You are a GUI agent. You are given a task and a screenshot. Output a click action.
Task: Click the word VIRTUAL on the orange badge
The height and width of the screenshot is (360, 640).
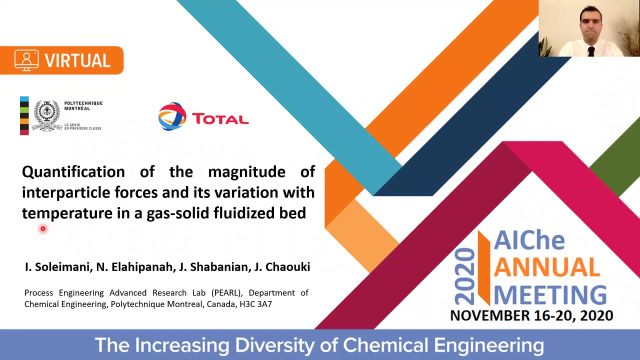77,60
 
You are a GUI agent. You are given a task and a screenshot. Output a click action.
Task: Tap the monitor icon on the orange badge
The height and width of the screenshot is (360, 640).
26,60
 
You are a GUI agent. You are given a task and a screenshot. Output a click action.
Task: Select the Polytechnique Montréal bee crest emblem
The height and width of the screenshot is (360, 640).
46,115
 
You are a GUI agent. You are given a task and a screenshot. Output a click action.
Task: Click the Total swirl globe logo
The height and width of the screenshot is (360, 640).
172,116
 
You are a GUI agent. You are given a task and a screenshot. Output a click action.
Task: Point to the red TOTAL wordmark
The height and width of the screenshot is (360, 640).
220,119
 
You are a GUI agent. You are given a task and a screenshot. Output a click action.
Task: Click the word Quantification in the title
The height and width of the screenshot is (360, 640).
73,172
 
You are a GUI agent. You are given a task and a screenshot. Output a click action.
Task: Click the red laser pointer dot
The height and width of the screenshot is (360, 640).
43,228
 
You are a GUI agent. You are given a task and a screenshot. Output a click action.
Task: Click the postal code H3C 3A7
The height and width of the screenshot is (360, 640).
255,304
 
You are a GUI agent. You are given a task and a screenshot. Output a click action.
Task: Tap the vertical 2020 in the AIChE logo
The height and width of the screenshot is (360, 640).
464,276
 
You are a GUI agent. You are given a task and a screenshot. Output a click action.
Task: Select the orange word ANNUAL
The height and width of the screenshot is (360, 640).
546,267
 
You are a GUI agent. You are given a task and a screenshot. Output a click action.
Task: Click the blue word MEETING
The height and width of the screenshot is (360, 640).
550,294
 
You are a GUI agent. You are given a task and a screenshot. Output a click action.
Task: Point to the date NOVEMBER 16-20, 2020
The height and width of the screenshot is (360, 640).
531,315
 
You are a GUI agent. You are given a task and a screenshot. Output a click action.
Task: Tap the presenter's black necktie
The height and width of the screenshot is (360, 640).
591,51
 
